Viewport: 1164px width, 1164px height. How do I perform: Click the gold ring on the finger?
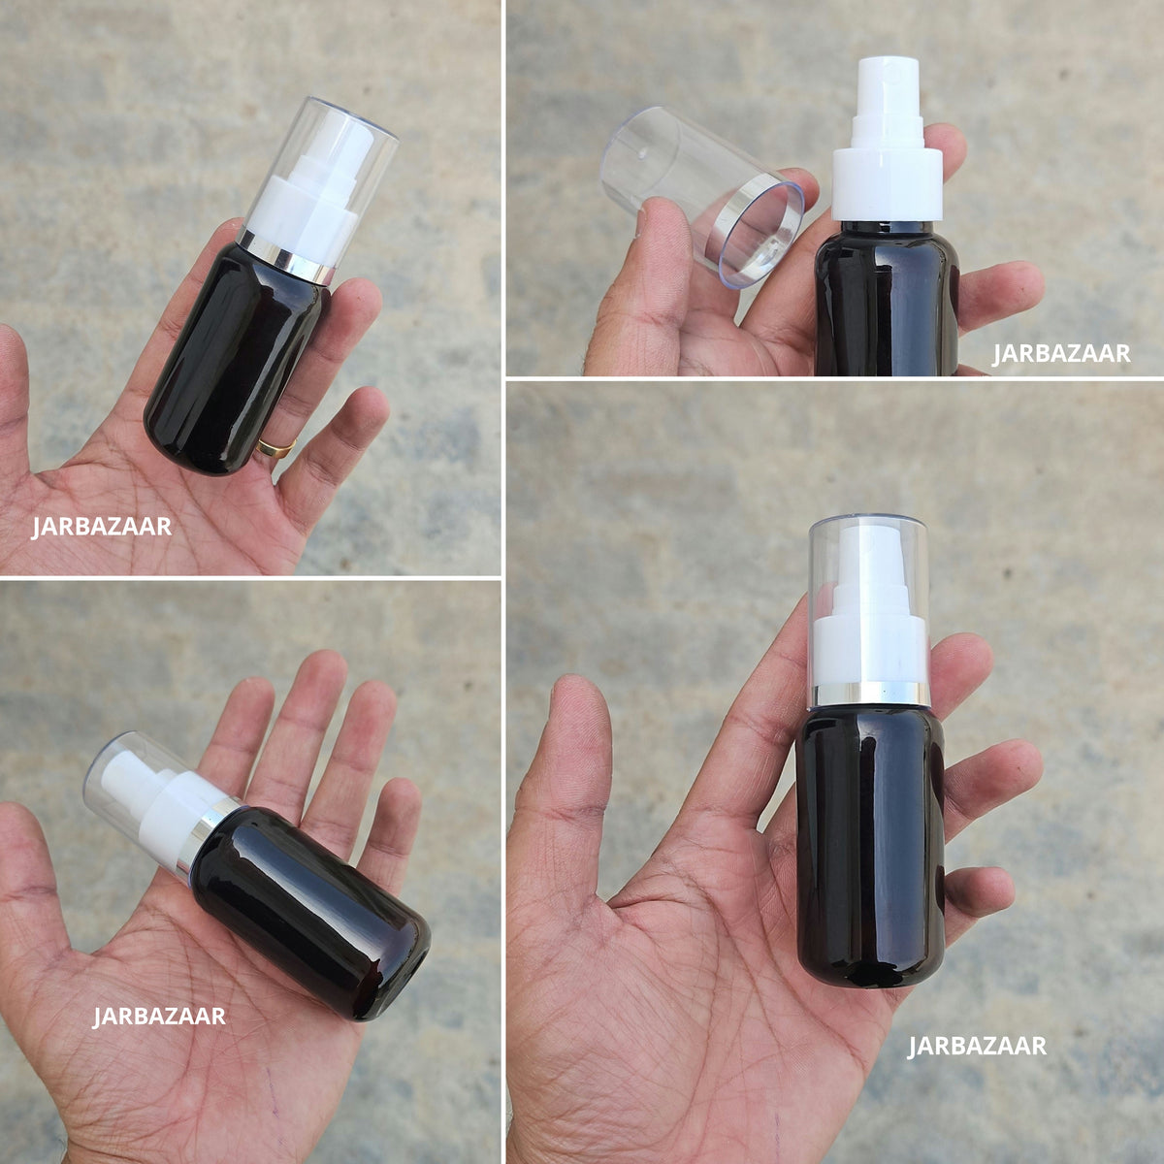(x=276, y=447)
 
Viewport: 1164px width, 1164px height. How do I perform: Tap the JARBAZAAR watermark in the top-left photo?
(x=102, y=527)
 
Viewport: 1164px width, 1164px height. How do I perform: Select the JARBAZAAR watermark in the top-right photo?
(x=1061, y=354)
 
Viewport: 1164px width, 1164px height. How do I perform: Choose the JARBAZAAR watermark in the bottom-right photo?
(x=977, y=1047)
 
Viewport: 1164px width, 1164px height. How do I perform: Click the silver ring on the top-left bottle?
(x=283, y=256)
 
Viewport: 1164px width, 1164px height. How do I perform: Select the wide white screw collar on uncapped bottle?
(x=887, y=183)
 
